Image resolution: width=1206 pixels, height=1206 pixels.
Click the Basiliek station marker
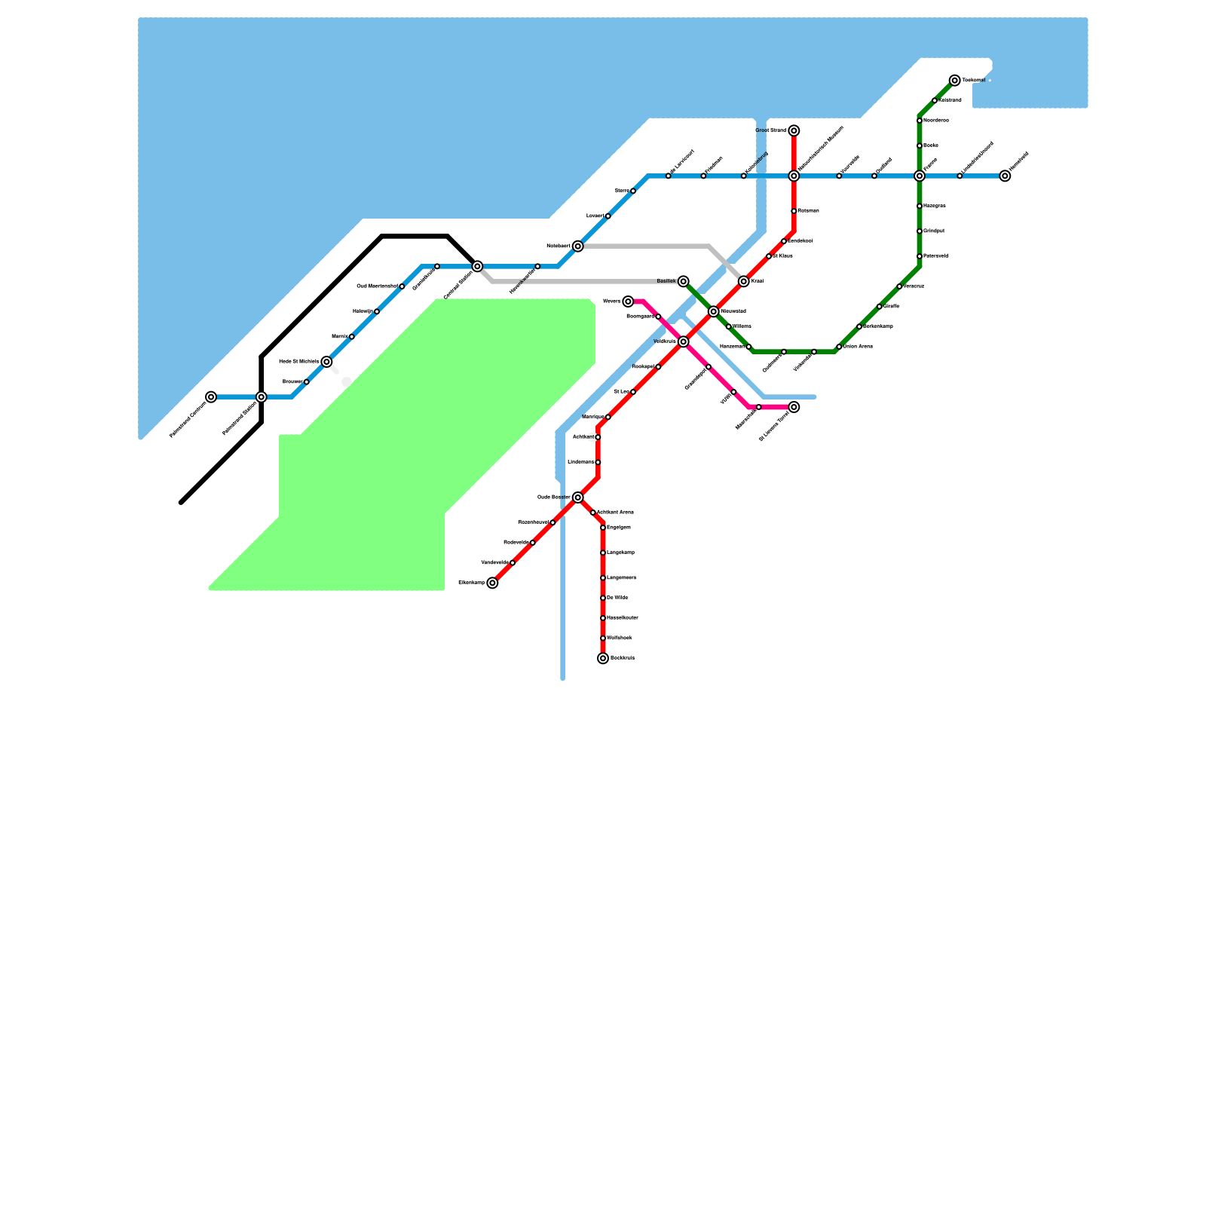tap(683, 282)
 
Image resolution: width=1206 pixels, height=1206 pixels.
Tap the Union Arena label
tap(858, 347)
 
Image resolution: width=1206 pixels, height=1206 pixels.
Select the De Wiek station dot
tap(603, 598)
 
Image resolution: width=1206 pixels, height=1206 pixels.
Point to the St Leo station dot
tap(633, 392)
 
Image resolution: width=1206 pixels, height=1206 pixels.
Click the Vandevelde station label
tap(494, 563)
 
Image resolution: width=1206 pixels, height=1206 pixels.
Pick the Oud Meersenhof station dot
tap(402, 286)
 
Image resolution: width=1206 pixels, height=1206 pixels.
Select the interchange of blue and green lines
tap(920, 176)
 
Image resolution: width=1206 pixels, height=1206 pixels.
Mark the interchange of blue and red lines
tap(794, 176)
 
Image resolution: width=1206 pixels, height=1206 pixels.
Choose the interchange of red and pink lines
tap(683, 342)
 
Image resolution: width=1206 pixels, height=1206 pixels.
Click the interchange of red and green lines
tap(713, 312)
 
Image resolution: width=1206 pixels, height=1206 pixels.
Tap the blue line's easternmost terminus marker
tap(1005, 176)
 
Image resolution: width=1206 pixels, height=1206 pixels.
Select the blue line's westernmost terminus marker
tap(211, 397)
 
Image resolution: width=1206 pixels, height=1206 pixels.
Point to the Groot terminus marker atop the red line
tap(794, 131)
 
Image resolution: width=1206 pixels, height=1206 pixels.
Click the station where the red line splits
tap(577, 497)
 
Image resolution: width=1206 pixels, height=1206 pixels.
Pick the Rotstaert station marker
tap(577, 246)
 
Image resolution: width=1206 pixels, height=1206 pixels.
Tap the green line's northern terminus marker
tap(955, 81)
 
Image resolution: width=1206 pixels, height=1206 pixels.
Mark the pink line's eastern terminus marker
tap(794, 407)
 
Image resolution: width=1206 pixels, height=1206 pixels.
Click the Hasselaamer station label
tap(623, 618)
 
